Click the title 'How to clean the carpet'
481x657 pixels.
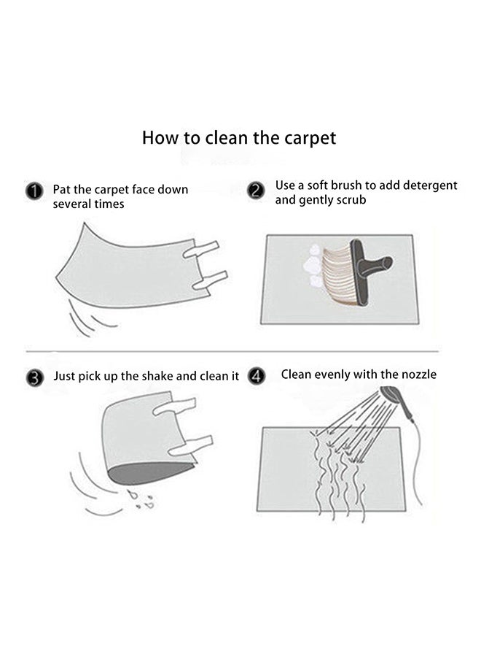[x=239, y=137]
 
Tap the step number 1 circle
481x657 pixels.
[x=35, y=192]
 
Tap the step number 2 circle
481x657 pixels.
[x=256, y=191]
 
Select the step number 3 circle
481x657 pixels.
[x=35, y=377]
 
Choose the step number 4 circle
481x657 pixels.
[x=256, y=377]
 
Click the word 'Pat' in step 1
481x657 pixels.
[x=63, y=190]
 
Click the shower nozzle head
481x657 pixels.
[x=391, y=397]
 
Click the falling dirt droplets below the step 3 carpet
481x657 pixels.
[x=139, y=500]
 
